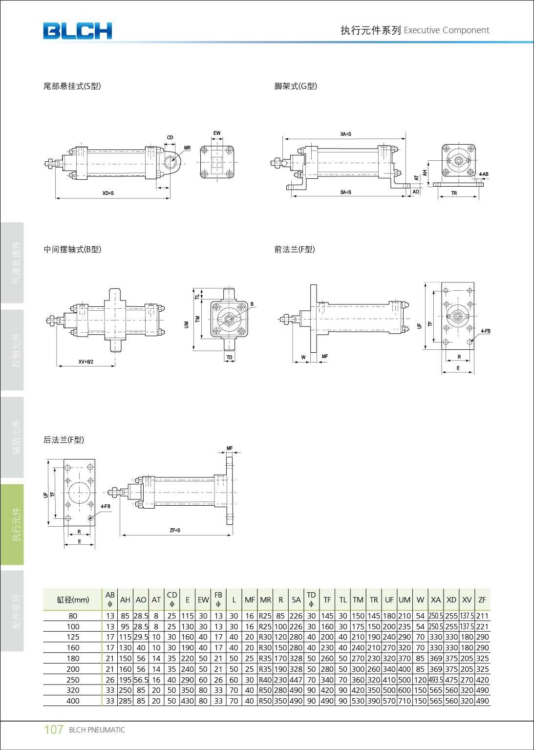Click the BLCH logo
pos(77,31)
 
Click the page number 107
pos(54,729)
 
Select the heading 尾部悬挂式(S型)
pos(72,86)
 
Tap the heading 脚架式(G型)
pos(296,86)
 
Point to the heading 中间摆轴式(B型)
pos(72,250)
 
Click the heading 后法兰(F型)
pos(64,440)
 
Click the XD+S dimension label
pos(108,193)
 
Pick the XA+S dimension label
pos(345,134)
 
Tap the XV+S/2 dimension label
pos(86,362)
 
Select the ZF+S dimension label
pos(175,530)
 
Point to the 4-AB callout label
pos(484,174)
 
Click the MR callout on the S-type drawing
pos(188,148)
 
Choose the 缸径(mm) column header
pos(73,600)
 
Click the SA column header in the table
pos(296,600)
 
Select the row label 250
pos(73,680)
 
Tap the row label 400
pos(73,701)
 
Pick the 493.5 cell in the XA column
pos(436,680)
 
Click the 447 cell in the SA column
pos(296,680)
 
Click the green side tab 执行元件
pos(17,524)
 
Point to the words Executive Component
pos(446,30)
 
